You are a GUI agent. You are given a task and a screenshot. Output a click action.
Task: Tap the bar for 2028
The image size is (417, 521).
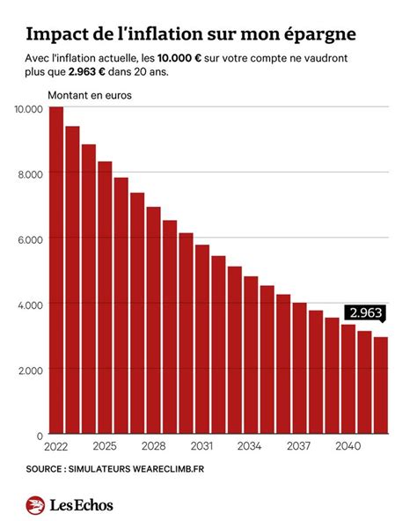pyautogui.click(x=153, y=320)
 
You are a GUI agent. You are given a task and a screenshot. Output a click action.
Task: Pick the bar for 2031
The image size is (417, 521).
pyautogui.click(x=202, y=340)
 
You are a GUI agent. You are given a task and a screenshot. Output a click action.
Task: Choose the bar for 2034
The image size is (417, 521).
pyautogui.click(x=251, y=356)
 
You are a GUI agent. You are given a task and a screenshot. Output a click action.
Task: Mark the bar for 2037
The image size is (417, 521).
pyautogui.click(x=299, y=369)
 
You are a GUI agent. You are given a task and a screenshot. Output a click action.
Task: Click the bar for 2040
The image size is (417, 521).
pyautogui.click(x=347, y=379)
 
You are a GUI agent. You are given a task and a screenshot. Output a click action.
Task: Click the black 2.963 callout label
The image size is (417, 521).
pyautogui.click(x=363, y=312)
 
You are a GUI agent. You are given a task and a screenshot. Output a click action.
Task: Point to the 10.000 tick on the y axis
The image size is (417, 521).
pyautogui.click(x=28, y=108)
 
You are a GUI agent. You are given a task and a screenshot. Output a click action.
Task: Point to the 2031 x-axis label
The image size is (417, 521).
pyautogui.click(x=201, y=446)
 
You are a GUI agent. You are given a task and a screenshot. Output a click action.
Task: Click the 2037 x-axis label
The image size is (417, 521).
pyautogui.click(x=299, y=446)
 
